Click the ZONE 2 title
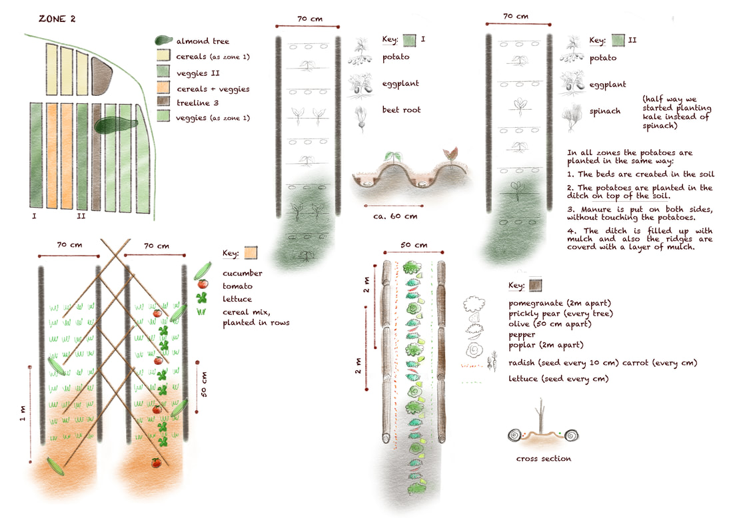tap(57, 19)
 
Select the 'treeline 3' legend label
tap(199, 103)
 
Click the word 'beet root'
tap(401, 110)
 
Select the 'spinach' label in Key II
tap(604, 112)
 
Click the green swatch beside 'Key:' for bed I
tap(410, 40)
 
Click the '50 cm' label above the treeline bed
tap(413, 245)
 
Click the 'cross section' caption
tap(543, 458)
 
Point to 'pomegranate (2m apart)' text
tap(551, 302)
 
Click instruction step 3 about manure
tap(639, 212)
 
